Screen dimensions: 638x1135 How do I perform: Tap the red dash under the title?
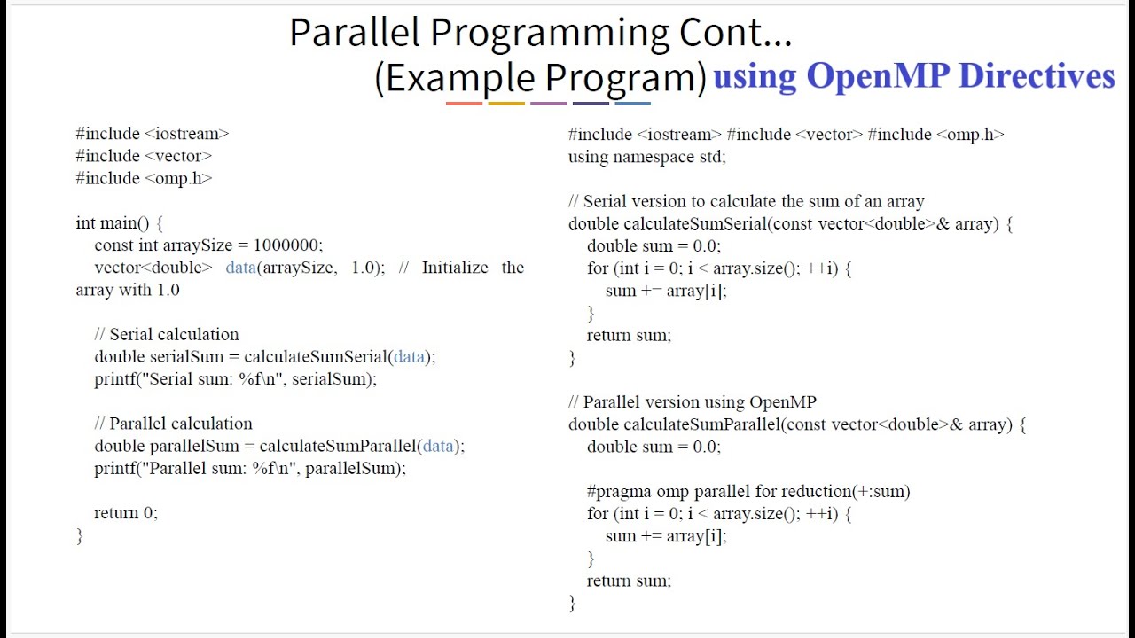click(464, 104)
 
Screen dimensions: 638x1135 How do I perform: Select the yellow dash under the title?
click(506, 104)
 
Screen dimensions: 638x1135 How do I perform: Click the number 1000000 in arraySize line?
click(287, 245)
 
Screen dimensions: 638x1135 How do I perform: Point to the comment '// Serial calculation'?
click(167, 335)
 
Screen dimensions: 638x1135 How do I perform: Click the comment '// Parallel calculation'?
click(174, 424)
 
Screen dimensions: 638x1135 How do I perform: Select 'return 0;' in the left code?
click(126, 513)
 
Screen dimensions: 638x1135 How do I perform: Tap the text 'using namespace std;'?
click(647, 157)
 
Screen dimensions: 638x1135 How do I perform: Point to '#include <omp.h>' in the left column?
click(144, 178)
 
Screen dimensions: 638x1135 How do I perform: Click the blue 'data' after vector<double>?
click(240, 268)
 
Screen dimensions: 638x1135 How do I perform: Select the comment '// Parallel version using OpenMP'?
click(693, 402)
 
